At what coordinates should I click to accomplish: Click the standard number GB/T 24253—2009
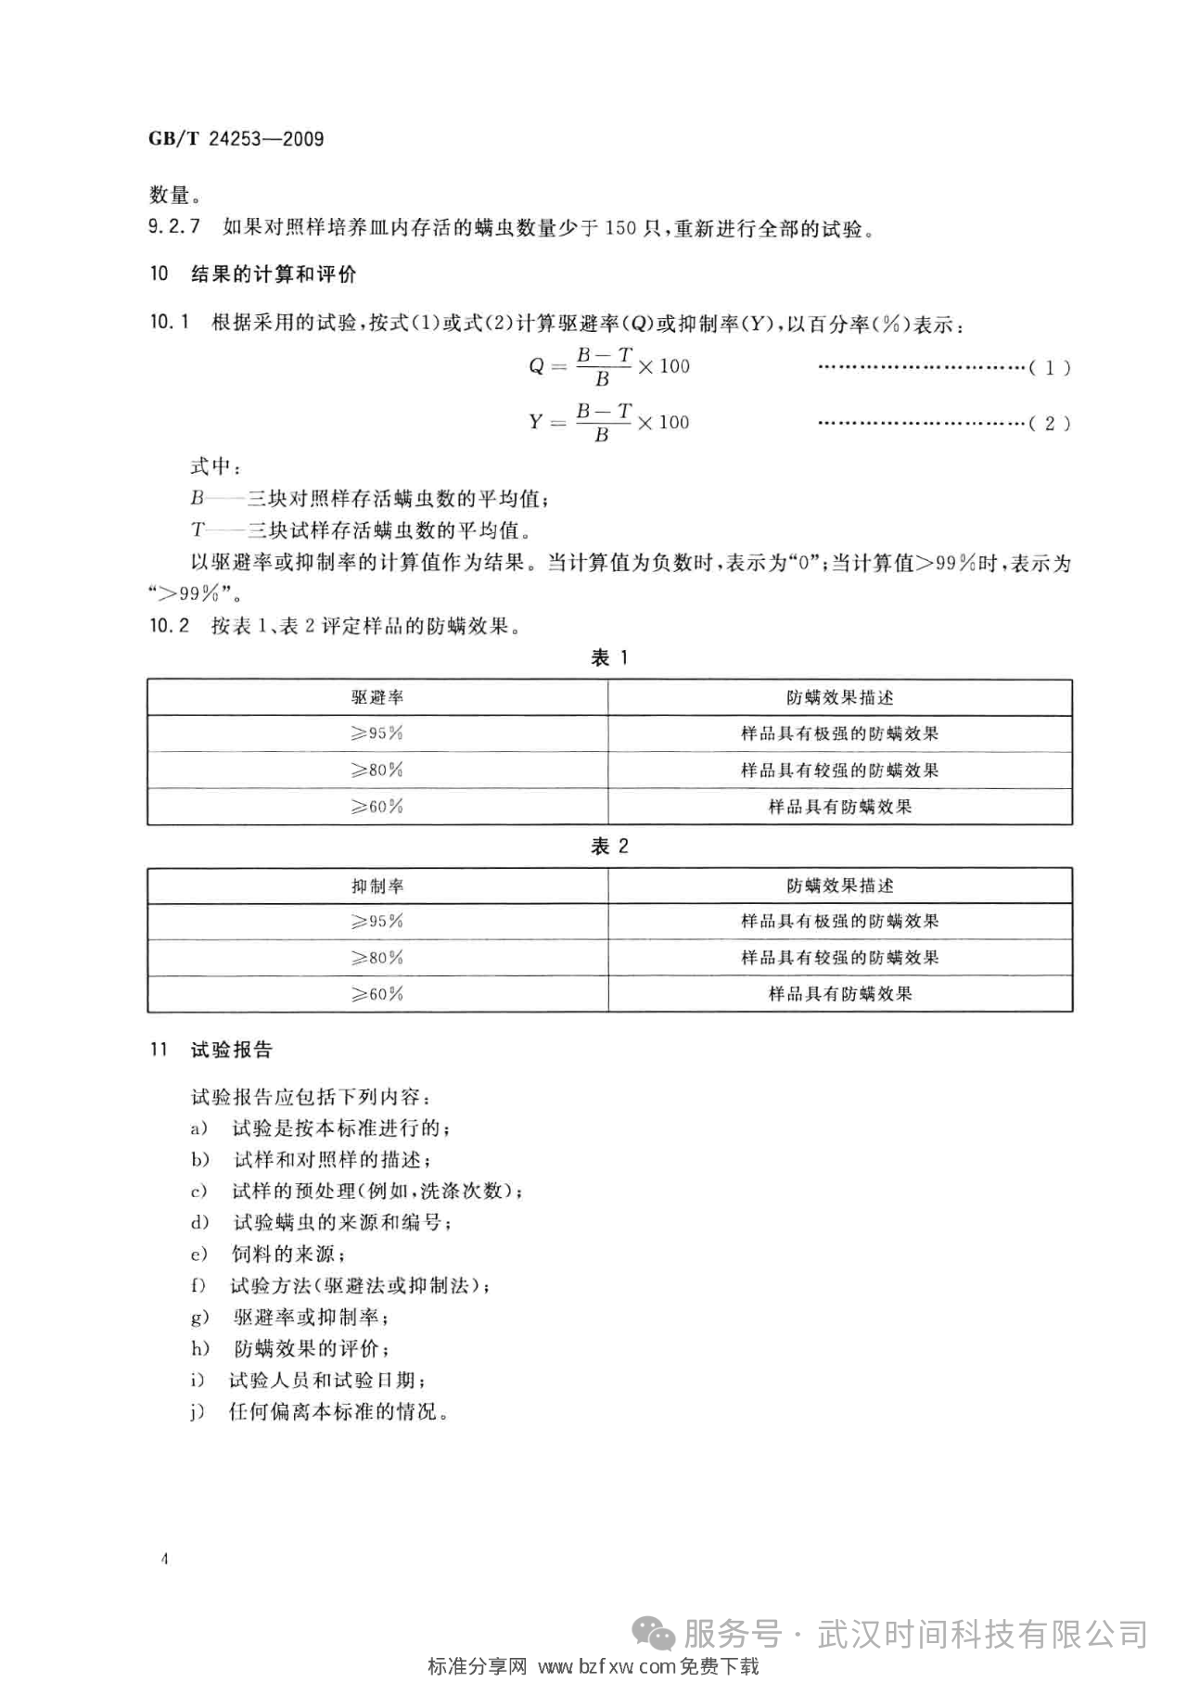click(236, 139)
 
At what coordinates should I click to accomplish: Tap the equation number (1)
click(1050, 367)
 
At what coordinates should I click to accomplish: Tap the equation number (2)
click(1050, 424)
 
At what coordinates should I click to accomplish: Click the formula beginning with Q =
click(609, 366)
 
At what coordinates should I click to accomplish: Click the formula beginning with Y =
click(609, 423)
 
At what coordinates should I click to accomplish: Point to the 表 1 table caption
click(609, 658)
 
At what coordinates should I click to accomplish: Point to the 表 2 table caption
click(609, 847)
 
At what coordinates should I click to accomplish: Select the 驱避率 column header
click(377, 697)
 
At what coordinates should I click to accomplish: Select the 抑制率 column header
click(377, 886)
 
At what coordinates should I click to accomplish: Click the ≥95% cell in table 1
click(377, 733)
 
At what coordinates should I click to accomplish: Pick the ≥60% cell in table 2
click(377, 994)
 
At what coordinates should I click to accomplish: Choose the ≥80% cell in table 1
click(377, 771)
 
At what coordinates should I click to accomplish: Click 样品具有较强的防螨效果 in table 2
click(840, 958)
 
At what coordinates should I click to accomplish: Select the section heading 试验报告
click(231, 1051)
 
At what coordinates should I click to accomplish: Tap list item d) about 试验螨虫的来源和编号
click(340, 1223)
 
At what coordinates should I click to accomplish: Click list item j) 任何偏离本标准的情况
click(338, 1412)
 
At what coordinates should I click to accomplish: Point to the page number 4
click(164, 1560)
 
